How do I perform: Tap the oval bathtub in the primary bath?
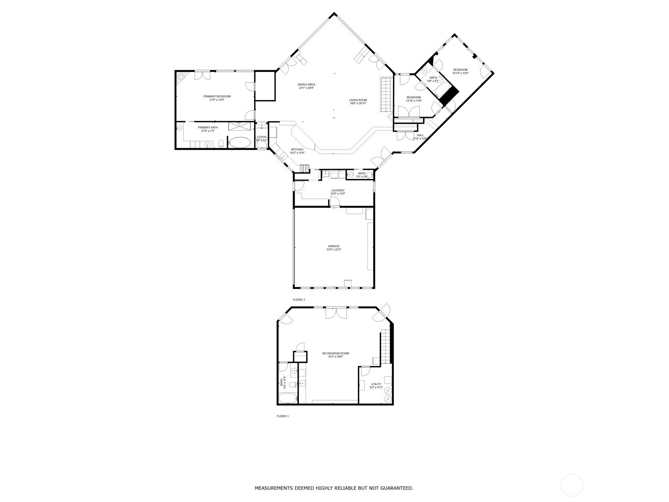239,143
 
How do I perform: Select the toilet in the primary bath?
221,144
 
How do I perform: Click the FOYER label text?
261,137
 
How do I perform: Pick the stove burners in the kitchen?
304,169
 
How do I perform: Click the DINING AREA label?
306,85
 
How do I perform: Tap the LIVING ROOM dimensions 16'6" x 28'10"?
358,103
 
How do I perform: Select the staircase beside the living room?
385,94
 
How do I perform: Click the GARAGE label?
333,246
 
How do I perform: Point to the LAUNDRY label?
337,190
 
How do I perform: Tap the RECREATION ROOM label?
335,353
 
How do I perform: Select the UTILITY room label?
376,384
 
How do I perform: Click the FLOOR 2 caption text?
299,300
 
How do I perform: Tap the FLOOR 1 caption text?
283,416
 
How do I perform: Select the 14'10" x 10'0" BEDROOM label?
460,70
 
